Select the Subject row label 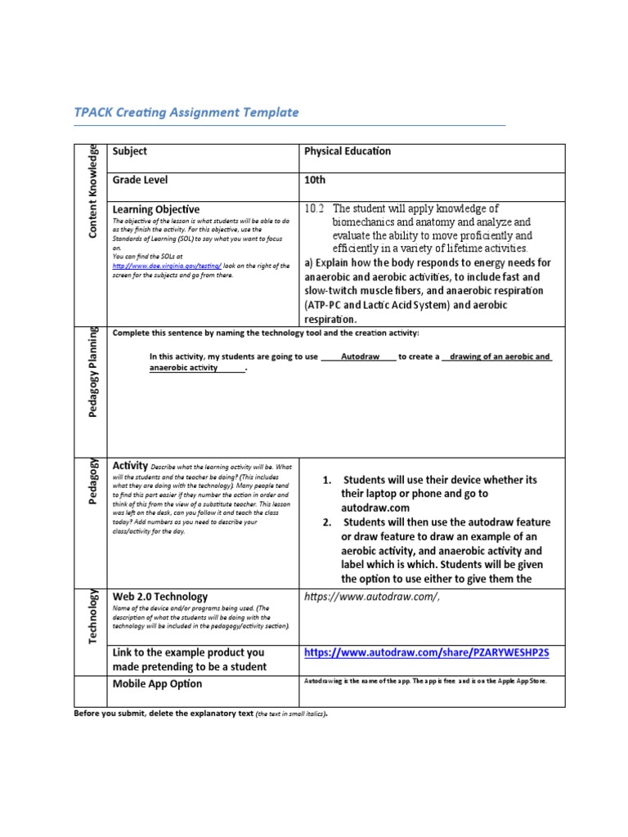click(x=129, y=151)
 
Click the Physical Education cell click(x=348, y=151)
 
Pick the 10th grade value click(x=315, y=180)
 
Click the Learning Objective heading click(x=155, y=209)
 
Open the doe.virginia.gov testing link click(x=167, y=266)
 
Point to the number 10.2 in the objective click(x=315, y=208)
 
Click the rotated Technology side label click(x=93, y=615)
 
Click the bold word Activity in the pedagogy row click(x=129, y=465)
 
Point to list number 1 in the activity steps click(x=327, y=480)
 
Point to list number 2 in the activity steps click(x=327, y=522)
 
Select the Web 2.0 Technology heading click(x=159, y=597)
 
